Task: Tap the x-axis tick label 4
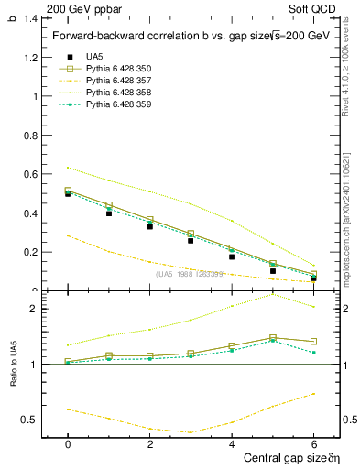point(232,443)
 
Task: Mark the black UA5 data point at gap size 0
point(68,193)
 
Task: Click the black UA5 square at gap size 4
point(232,256)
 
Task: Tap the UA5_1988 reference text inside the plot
point(190,274)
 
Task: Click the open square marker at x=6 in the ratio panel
point(313,341)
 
